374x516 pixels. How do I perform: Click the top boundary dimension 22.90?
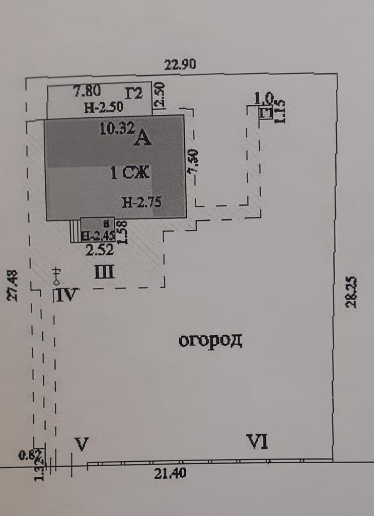180,64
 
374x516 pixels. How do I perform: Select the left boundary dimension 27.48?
14,285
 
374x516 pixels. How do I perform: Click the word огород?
210,341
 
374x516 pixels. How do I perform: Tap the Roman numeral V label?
82,444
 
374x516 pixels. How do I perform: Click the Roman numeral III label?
105,272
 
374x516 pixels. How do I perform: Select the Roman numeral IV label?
66,294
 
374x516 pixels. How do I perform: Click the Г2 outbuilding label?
134,94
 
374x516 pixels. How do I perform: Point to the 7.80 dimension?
87,91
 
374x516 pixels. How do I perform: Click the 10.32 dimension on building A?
116,128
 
